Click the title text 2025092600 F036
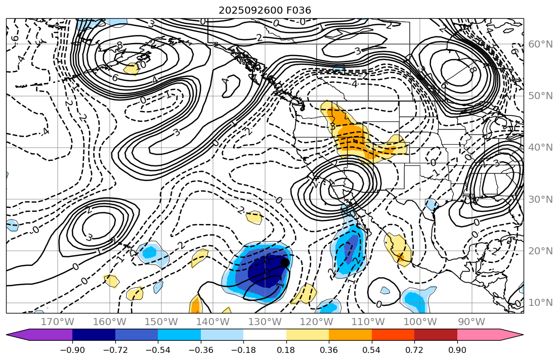click(x=265, y=10)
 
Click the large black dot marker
click(x=285, y=262)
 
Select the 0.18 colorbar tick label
click(x=286, y=350)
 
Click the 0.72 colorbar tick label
click(x=414, y=350)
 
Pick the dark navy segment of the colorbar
click(x=94, y=335)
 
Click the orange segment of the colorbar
click(x=350, y=335)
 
